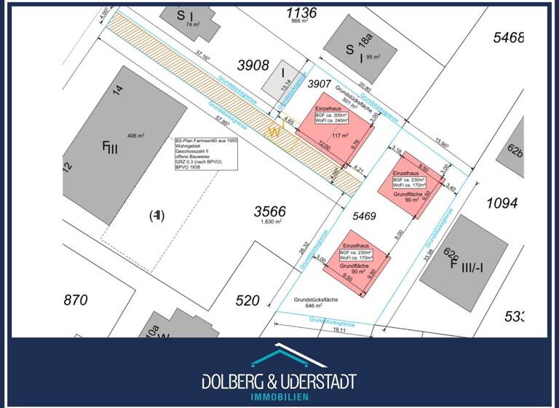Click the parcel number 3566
coord(269,211)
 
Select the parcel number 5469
coord(363,216)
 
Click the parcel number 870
coord(75,299)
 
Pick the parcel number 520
coord(247,299)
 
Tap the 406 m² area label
coord(136,136)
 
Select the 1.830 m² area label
coord(270,223)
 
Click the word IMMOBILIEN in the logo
coord(279,396)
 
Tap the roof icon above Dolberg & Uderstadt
coord(279,358)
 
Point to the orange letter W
coord(274,132)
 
